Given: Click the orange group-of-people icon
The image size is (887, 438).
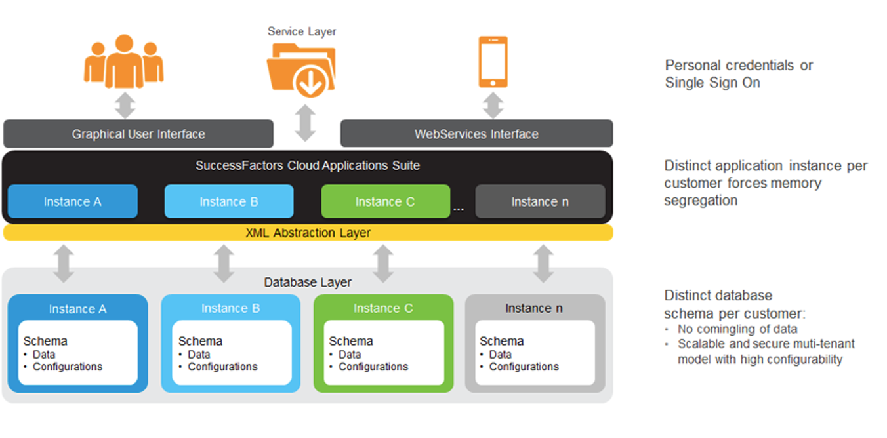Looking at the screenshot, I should point(124,62).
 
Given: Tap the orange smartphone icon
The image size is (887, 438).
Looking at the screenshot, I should point(493,62).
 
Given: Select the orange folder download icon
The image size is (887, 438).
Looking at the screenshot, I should point(302,69).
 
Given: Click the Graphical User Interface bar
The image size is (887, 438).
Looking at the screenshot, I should point(138,134).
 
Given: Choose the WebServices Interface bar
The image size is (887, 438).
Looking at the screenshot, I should point(476,134).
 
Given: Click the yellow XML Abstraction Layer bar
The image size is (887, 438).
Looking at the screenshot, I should point(308,233).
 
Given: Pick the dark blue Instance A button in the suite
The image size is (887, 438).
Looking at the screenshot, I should point(72,201).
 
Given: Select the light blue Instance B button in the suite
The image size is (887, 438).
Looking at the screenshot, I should point(228,201).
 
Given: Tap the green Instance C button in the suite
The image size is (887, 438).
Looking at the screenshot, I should point(385,201).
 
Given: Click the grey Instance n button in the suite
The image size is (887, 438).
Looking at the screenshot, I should point(540,201).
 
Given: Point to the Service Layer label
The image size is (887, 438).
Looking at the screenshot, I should point(302,31).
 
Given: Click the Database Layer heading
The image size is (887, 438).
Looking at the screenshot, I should point(308,283).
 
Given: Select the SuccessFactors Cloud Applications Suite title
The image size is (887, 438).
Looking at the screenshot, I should point(308,165).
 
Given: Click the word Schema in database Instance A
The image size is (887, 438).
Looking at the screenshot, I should point(45,341).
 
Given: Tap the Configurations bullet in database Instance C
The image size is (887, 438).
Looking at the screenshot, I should point(373,367).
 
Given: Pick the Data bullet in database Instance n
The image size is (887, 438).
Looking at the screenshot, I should point(500,355).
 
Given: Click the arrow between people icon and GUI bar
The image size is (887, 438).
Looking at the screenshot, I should point(125,104).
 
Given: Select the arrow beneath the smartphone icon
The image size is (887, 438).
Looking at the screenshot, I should point(493,104).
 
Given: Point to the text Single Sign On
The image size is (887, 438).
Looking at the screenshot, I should point(712,83).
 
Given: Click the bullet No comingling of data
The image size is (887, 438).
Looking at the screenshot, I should point(737,329).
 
